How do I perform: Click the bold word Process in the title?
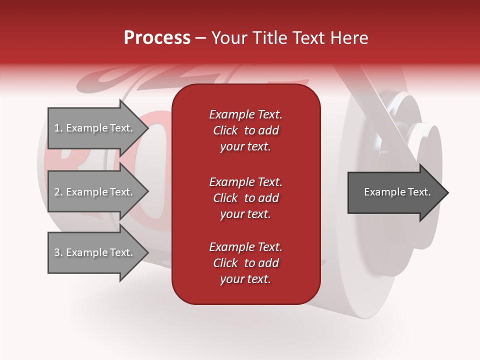tap(157, 38)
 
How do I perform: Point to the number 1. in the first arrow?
tap(58, 128)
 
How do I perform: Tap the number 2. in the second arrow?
tap(58, 192)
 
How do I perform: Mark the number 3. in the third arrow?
tap(58, 252)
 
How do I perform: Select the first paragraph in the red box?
tap(245, 130)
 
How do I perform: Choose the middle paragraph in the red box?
tap(245, 197)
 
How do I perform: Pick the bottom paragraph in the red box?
tap(245, 263)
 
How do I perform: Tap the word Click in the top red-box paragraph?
tap(225, 130)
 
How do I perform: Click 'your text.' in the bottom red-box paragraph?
tap(245, 279)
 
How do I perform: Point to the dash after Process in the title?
tap(200, 38)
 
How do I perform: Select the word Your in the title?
tap(228, 38)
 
